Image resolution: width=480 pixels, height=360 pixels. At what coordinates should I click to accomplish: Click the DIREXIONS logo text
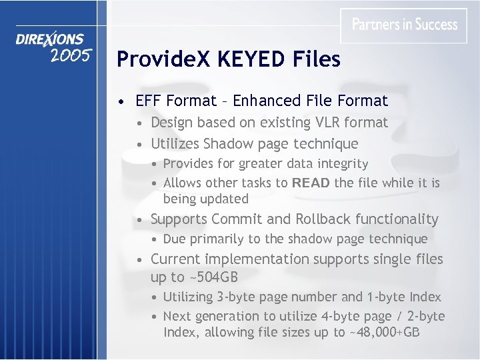click(x=50, y=40)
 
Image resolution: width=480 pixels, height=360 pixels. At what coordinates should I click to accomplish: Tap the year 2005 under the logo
click(x=70, y=56)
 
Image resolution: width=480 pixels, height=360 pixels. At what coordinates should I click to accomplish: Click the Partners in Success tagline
click(x=405, y=25)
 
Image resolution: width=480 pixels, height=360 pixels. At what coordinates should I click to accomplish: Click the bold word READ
click(x=310, y=183)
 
